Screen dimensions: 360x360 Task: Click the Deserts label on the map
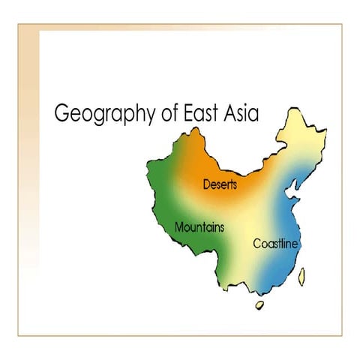pyautogui.click(x=220, y=184)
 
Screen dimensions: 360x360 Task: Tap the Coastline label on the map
pyautogui.click(x=276, y=244)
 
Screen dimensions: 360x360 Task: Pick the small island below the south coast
pyautogui.click(x=261, y=305)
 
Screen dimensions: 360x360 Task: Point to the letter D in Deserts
pyautogui.click(x=207, y=184)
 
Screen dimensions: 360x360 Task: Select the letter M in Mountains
pyautogui.click(x=178, y=226)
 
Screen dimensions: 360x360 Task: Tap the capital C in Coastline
pyautogui.click(x=257, y=244)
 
